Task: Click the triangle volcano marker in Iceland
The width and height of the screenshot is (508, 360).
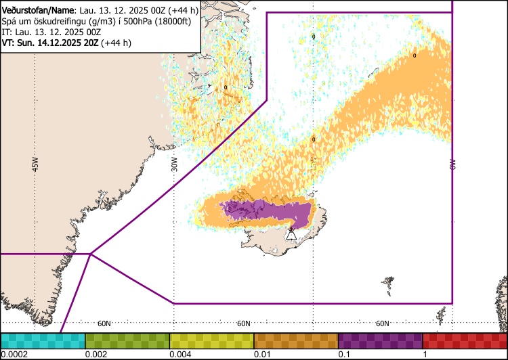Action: (x=291, y=234)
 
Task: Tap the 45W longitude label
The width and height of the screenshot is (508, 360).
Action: (x=35, y=164)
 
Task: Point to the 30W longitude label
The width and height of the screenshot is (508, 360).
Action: (x=174, y=164)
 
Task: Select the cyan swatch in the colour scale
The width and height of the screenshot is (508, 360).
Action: (x=43, y=341)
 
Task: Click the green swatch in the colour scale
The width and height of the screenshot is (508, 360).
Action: (x=127, y=341)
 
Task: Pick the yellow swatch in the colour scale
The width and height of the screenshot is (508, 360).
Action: (x=211, y=341)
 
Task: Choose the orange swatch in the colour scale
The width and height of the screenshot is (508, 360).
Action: (x=296, y=341)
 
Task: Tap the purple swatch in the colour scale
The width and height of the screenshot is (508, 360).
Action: (x=381, y=341)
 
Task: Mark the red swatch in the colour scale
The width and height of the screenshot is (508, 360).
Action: (x=465, y=341)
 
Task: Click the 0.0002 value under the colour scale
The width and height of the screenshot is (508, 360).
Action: (x=14, y=354)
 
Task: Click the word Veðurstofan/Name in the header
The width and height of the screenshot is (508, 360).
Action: (x=38, y=11)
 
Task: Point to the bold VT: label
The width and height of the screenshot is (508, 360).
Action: (x=8, y=43)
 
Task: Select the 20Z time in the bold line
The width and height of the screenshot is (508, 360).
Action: (x=91, y=43)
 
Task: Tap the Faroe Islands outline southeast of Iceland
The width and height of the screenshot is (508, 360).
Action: (x=389, y=285)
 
